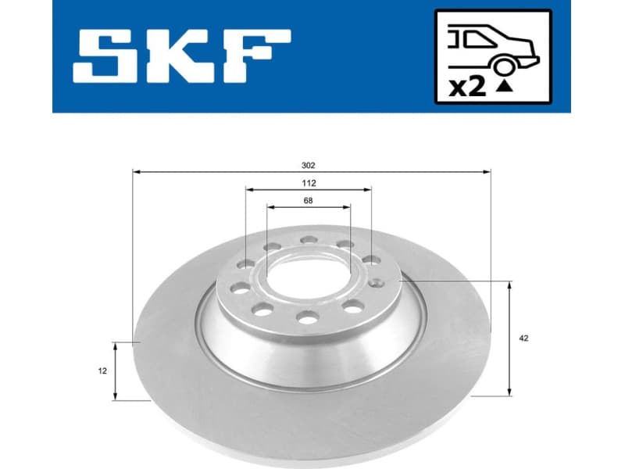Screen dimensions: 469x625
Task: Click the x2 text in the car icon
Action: [468, 87]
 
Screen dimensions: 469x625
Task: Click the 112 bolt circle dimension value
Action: [309, 184]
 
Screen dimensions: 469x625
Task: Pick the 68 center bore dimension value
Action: [309, 202]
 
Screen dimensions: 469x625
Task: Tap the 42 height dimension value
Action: [523, 338]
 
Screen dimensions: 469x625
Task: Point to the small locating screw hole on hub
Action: [378, 283]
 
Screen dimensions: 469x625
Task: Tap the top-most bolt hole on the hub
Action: [309, 240]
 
